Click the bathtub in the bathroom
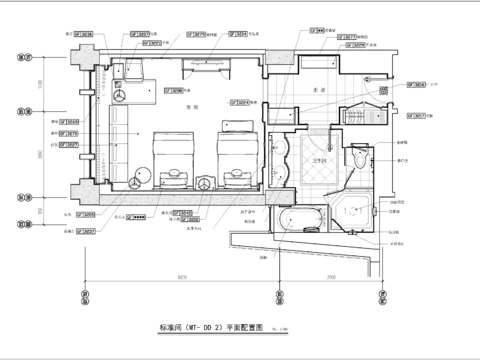click(300, 220)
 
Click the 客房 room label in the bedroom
click(197, 105)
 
